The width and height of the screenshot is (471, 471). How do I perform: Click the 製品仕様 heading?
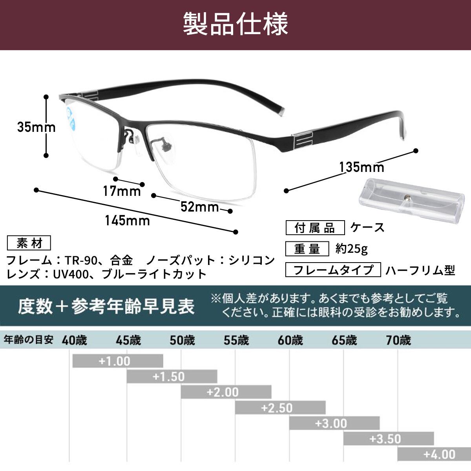coord(235,24)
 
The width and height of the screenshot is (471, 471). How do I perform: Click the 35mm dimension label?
coord(36,127)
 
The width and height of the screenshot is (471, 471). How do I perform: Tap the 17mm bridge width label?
coord(122,191)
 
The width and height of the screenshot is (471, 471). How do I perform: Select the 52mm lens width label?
coord(199,207)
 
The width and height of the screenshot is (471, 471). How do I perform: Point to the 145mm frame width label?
coord(127,221)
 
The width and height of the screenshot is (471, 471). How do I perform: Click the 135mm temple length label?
coord(361,167)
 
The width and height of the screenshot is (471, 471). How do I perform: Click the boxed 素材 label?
coord(29,243)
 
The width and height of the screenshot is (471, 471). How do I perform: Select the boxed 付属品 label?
coord(315,228)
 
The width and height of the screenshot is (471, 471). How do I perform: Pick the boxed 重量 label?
coord(308,249)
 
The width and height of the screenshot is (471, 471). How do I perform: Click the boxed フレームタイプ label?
coord(333,270)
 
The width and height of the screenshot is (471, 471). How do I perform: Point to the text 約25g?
coord(352,249)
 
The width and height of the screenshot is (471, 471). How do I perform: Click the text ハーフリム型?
coord(420,270)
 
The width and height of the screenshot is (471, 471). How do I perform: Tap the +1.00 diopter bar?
coord(117,361)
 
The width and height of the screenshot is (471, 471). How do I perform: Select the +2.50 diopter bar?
coord(280,408)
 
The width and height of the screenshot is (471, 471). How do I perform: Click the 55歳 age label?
coord(236,340)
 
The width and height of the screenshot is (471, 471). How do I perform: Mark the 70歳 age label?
coord(398,340)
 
